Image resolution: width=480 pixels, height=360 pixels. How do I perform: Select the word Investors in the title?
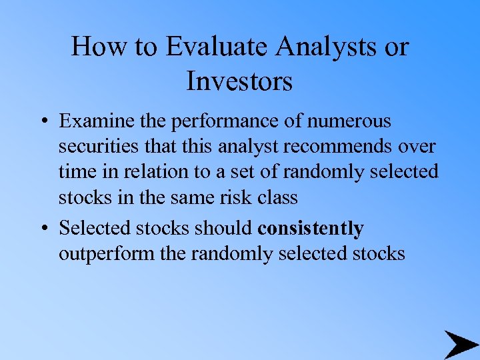(x=239, y=81)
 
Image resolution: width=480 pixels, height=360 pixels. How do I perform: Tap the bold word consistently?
(x=311, y=229)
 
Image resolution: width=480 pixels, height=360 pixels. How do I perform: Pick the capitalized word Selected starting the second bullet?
(x=96, y=229)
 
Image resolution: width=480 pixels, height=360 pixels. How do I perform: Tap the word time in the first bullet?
(x=77, y=171)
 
